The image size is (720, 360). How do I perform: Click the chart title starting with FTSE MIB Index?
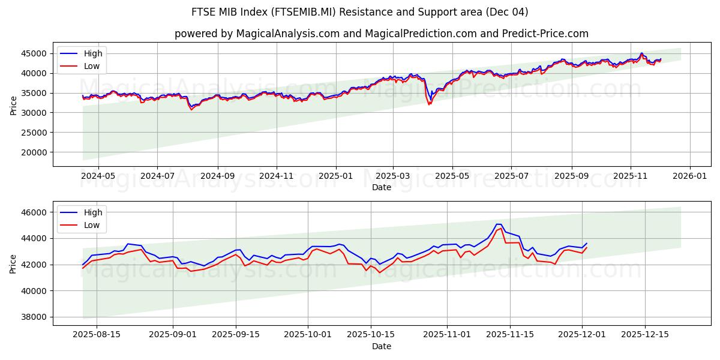coord(360,12)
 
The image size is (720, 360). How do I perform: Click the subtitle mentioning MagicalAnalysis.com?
coord(382,34)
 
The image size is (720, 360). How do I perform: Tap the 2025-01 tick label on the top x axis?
coord(335,177)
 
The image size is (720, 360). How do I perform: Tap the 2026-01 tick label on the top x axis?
coord(689,177)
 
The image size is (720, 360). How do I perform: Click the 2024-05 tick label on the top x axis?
coord(98,177)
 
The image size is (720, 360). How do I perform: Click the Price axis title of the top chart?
coord(13,104)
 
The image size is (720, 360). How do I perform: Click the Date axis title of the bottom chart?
coord(382,346)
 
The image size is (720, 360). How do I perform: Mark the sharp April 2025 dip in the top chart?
coord(429,103)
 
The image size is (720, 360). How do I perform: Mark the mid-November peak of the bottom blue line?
coord(499,224)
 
